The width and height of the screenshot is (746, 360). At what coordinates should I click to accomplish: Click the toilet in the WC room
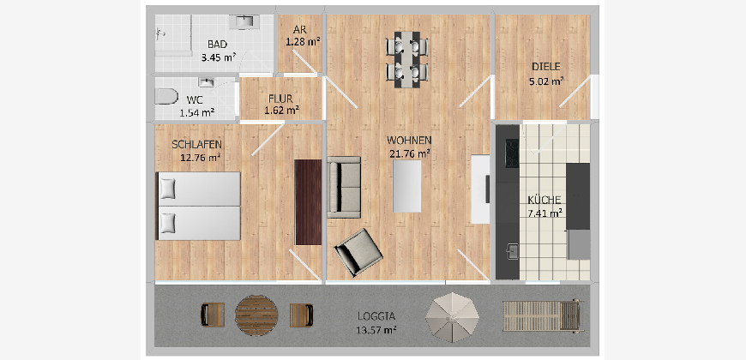click(x=164, y=97)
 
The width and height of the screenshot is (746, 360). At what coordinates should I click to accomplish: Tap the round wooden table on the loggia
click(x=256, y=315)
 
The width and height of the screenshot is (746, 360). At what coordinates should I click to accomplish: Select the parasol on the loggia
click(x=452, y=318)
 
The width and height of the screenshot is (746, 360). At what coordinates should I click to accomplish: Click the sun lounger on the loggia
click(x=544, y=315)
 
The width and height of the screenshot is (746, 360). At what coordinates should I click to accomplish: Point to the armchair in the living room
click(x=358, y=252)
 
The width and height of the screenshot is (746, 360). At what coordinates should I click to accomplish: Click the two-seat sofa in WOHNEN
click(x=344, y=187)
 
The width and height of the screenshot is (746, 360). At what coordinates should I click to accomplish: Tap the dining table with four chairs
click(x=406, y=59)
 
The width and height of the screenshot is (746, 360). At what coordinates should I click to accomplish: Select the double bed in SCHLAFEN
click(x=198, y=206)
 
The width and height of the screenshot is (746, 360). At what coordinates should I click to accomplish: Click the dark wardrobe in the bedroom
click(x=308, y=202)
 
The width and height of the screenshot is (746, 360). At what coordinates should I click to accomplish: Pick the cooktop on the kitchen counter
click(x=512, y=153)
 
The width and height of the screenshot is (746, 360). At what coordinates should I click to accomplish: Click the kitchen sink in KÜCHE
click(x=513, y=252)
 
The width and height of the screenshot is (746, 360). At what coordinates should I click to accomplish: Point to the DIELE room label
click(x=546, y=67)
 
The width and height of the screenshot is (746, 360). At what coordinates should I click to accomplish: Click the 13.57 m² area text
click(x=376, y=329)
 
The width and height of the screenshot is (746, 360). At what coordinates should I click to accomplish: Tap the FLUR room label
click(x=280, y=99)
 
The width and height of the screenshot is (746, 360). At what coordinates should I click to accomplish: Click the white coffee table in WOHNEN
click(x=406, y=186)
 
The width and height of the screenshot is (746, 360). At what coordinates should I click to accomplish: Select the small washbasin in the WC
click(x=206, y=83)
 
